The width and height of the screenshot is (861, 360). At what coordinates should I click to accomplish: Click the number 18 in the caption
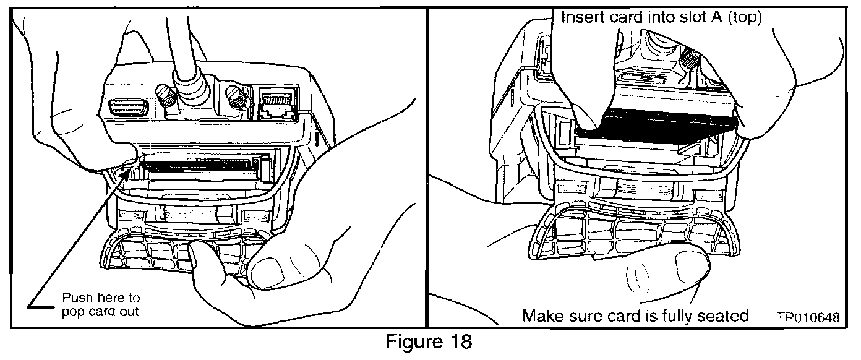click(x=460, y=341)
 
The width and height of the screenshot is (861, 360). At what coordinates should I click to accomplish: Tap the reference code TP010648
click(x=808, y=317)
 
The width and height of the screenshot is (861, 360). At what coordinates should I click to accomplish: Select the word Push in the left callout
click(x=77, y=298)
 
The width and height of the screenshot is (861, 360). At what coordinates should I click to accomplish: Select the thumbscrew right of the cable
click(x=236, y=97)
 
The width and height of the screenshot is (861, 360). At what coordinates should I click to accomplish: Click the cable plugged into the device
click(x=184, y=58)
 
